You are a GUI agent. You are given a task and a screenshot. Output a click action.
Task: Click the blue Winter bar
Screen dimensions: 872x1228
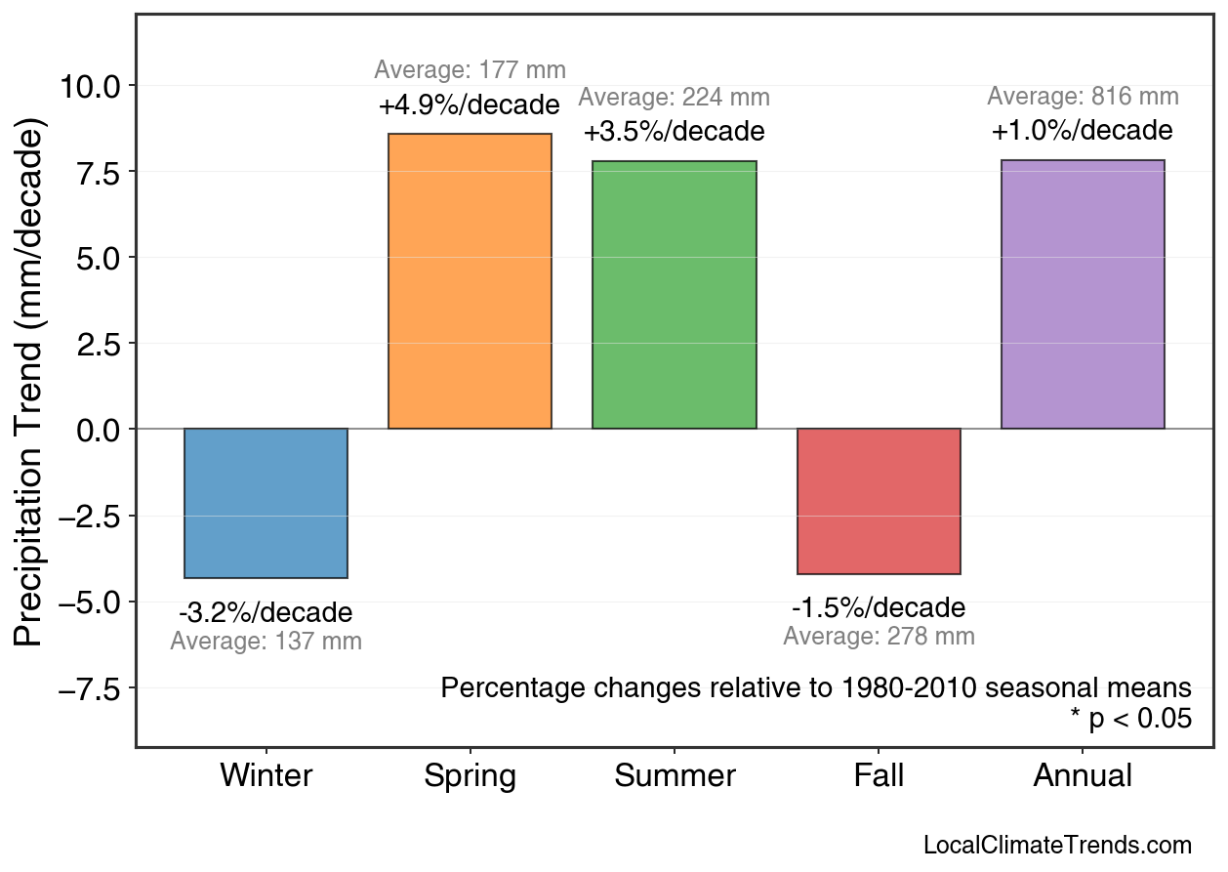(x=266, y=503)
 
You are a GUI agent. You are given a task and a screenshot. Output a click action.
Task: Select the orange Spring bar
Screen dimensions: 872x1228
(x=470, y=281)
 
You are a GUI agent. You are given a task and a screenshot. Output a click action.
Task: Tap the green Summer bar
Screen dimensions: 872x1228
(x=674, y=295)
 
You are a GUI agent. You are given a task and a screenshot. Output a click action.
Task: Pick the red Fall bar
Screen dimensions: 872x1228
(x=879, y=501)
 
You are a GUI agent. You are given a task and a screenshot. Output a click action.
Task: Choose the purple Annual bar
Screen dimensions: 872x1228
(x=1083, y=294)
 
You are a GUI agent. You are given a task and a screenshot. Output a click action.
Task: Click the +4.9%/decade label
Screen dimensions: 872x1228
(x=470, y=104)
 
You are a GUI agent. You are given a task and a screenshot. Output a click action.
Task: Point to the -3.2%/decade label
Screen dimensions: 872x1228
(x=266, y=613)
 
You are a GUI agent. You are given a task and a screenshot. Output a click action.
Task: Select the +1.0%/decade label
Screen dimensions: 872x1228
(x=1083, y=131)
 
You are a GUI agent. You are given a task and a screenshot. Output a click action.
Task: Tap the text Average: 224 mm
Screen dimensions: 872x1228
(x=674, y=98)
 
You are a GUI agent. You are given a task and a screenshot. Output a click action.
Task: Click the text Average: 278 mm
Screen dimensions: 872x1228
(x=879, y=637)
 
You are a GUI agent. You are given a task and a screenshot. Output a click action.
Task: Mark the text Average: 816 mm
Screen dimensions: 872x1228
(x=1083, y=97)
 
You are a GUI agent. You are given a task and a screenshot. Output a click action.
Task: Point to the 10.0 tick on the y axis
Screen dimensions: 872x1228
(x=90, y=86)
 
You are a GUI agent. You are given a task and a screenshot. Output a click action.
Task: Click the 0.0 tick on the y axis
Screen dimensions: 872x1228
(x=97, y=430)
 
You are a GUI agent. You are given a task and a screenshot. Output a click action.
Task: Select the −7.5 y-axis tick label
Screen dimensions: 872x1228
(x=90, y=689)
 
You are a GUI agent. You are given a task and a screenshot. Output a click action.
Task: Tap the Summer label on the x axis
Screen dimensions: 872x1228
(x=675, y=776)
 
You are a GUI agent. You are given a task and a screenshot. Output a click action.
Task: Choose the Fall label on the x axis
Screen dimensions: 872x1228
(x=879, y=776)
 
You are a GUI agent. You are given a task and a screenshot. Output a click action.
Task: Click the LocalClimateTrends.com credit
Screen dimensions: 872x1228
(x=1057, y=845)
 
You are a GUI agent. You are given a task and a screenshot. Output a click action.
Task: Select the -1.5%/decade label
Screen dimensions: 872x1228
(x=879, y=608)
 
